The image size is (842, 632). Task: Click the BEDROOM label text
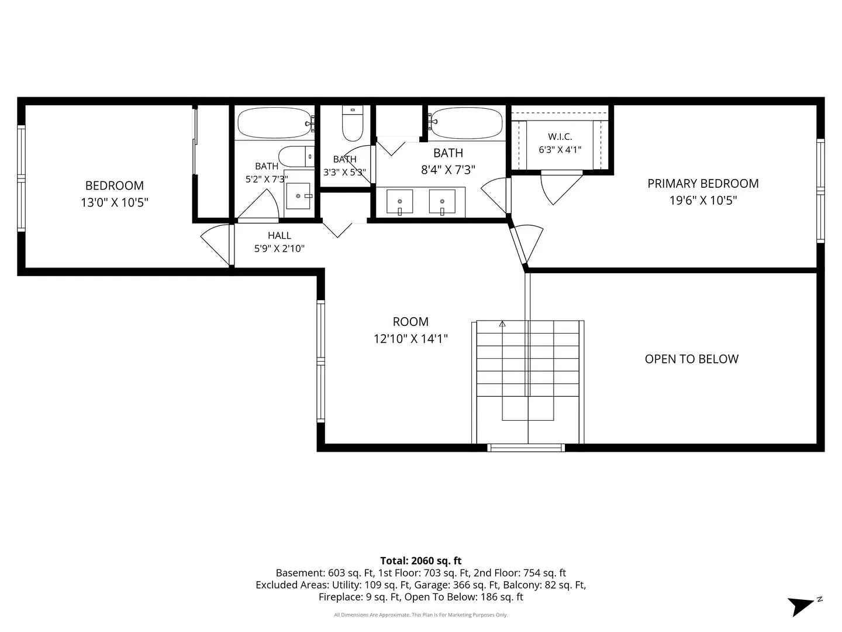pyautogui.click(x=114, y=186)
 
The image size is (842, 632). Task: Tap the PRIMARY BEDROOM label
pyautogui.click(x=703, y=184)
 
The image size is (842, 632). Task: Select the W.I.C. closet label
pyautogui.click(x=560, y=136)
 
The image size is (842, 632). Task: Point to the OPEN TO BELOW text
pyautogui.click(x=691, y=359)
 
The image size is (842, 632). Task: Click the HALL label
pyautogui.click(x=279, y=235)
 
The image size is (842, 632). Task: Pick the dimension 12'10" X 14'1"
pyautogui.click(x=411, y=339)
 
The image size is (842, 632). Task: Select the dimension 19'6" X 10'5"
pyautogui.click(x=703, y=201)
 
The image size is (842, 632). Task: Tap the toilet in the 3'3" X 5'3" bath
pyautogui.click(x=352, y=123)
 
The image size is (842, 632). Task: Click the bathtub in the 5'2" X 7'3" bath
pyautogui.click(x=275, y=122)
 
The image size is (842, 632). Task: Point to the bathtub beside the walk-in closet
pyautogui.click(x=465, y=122)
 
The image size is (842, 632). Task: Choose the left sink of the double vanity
pyautogui.click(x=400, y=201)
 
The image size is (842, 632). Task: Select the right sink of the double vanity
pyautogui.click(x=442, y=201)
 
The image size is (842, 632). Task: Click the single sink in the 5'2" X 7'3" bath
pyautogui.click(x=298, y=196)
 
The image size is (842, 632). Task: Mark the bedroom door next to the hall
pyautogui.click(x=216, y=245)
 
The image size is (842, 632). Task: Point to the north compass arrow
pyautogui.click(x=801, y=606)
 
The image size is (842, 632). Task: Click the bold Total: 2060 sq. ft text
pyautogui.click(x=421, y=561)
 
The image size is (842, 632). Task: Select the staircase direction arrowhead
pyautogui.click(x=502, y=324)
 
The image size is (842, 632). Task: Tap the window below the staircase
pyautogui.click(x=526, y=448)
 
